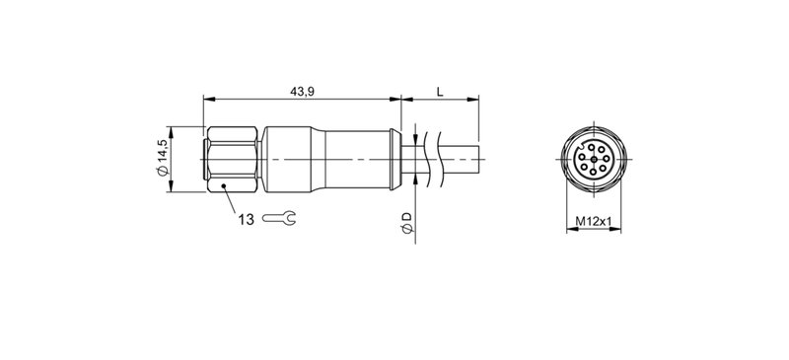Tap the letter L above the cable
(x=440, y=92)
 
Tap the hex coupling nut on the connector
(x=233, y=158)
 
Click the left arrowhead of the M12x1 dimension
(x=567, y=230)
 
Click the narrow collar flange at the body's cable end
(x=395, y=158)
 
